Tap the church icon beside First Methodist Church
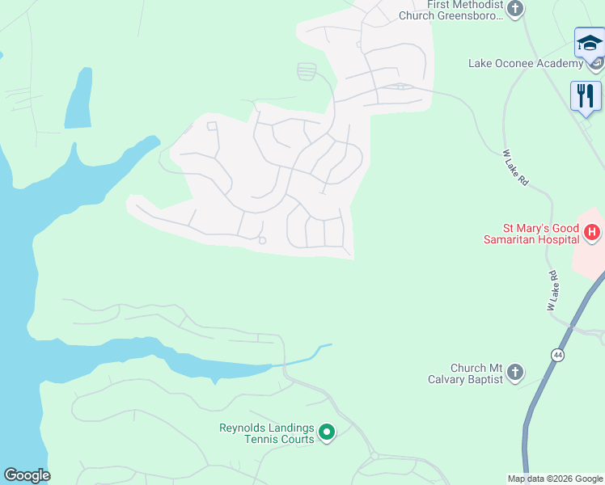point(515,9)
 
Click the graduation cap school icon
point(589,43)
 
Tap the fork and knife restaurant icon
point(586,95)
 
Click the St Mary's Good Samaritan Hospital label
point(531,234)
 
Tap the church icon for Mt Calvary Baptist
point(515,373)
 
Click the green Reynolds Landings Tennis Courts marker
point(327,433)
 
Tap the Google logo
point(27,475)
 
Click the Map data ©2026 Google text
point(555,479)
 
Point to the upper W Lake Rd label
point(515,167)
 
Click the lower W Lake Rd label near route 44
point(554,291)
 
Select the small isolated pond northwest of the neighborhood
point(78,100)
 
